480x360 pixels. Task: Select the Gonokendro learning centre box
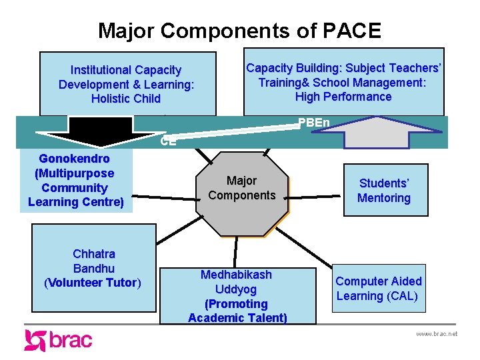point(76,180)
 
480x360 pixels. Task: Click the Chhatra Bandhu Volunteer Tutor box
point(93,268)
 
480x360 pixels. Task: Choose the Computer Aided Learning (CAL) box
point(379,289)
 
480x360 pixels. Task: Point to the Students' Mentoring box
point(384,190)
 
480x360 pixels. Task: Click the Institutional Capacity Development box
point(127,84)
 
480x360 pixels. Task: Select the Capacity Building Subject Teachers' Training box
point(343,82)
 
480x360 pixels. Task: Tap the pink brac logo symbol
point(35,340)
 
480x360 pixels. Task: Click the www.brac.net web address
point(436,333)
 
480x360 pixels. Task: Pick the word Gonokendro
point(75,159)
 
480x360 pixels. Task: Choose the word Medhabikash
point(237,275)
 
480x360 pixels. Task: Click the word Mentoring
point(384,198)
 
